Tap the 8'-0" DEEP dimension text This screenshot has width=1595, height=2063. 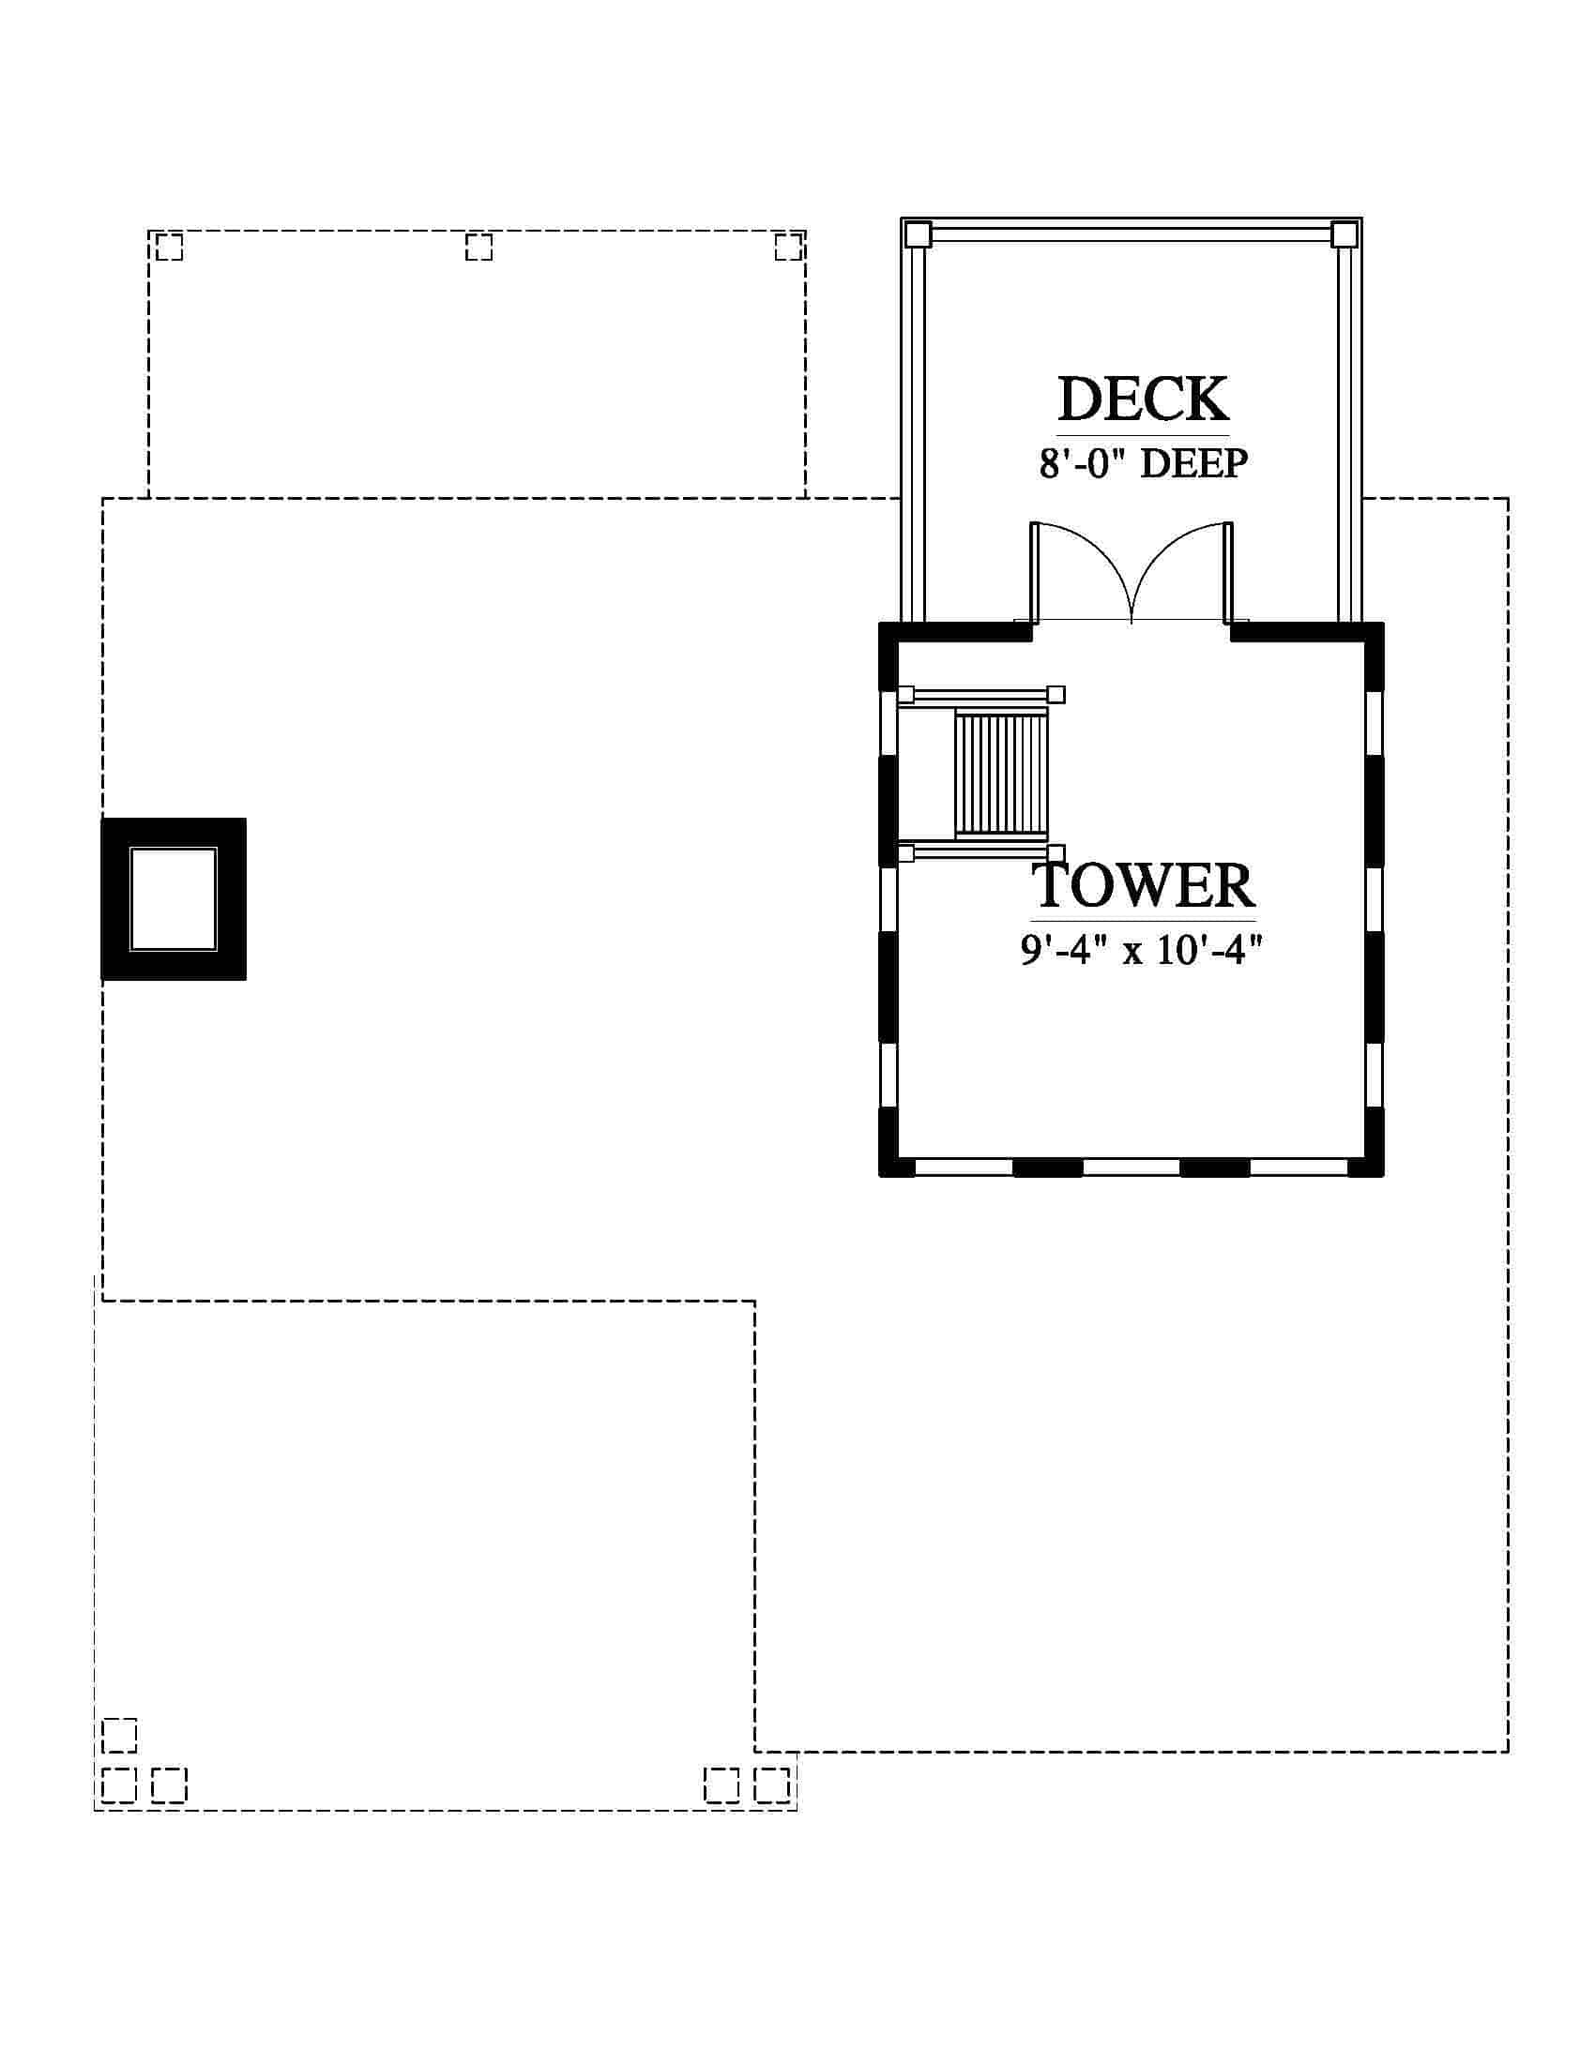coord(1144,463)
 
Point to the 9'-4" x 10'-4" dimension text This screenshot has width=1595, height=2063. coord(1142,948)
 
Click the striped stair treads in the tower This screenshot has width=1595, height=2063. coord(1001,775)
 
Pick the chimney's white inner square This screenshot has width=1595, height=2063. coord(173,898)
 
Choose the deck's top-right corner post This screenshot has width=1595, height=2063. coord(1344,233)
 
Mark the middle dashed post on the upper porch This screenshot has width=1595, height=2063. coord(479,247)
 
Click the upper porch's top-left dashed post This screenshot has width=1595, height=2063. coord(169,247)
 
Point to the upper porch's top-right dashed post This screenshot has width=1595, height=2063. coord(788,247)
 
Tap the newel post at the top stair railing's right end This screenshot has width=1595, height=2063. coord(1056,694)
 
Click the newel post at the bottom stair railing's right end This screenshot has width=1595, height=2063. coord(1056,853)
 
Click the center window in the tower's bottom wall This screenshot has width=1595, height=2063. coord(1132,1167)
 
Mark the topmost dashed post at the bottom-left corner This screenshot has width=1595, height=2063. coord(119,1735)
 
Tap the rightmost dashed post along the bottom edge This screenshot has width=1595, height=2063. coord(772,1785)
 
